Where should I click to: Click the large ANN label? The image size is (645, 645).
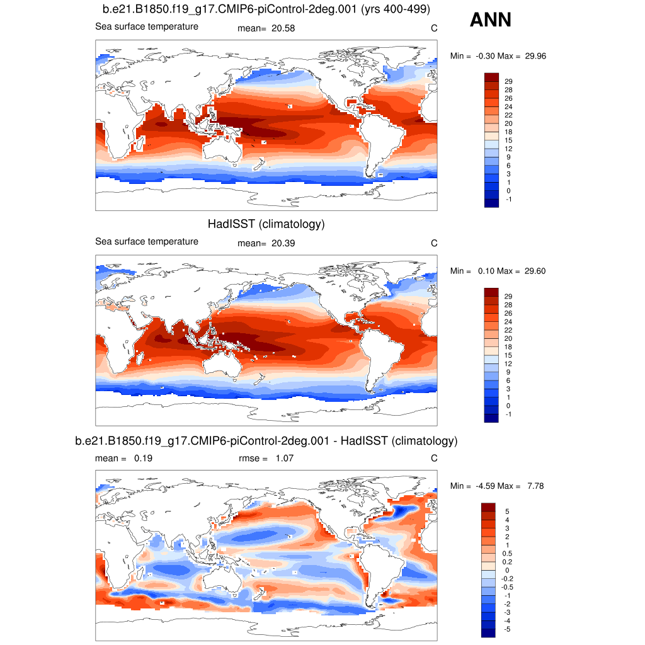pos(490,20)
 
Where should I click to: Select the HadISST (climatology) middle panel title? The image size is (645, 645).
pos(266,224)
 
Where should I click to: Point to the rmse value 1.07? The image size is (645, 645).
pos(285,459)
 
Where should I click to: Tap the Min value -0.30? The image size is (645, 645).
pos(483,56)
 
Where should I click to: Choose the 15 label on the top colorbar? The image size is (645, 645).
pos(508,139)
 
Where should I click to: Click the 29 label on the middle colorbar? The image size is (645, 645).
pos(508,296)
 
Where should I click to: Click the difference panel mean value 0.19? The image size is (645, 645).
pos(142,459)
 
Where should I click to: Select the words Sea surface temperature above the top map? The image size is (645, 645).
pos(147,26)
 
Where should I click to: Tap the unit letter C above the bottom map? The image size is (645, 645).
pos(433,459)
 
